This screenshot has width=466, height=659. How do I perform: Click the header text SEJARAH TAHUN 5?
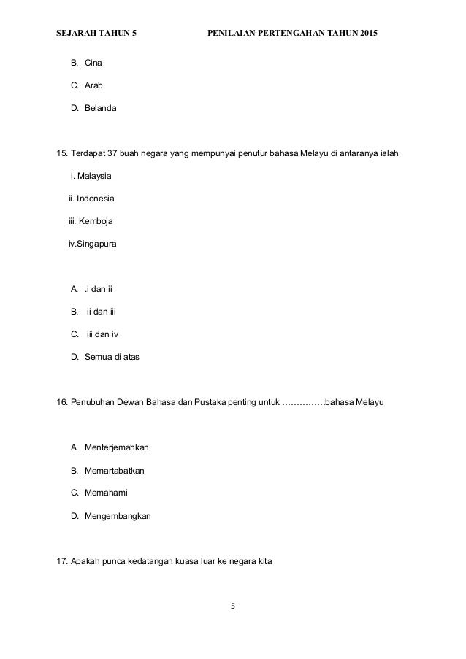point(95,34)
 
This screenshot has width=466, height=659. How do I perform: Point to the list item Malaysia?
point(94,177)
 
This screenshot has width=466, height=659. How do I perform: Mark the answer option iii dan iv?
point(102,334)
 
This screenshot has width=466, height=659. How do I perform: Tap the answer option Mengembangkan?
point(118,515)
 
